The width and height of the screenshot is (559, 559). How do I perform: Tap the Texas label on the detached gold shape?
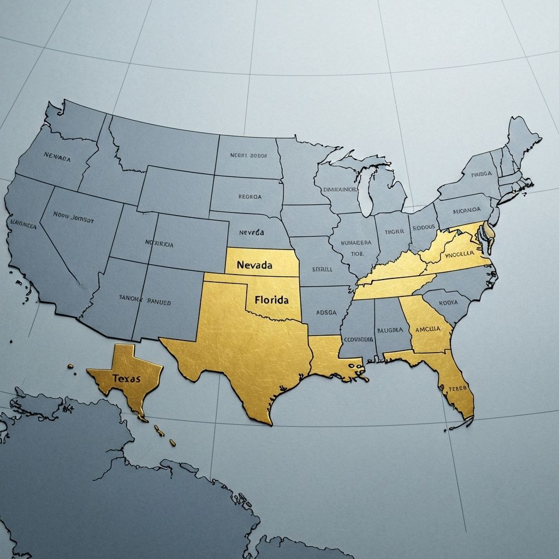(x=126, y=378)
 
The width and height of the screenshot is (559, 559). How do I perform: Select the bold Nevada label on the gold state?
(x=254, y=265)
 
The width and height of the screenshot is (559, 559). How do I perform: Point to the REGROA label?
(x=250, y=197)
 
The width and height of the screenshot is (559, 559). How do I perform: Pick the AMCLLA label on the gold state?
(x=424, y=329)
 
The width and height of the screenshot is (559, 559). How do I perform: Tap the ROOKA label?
(x=448, y=302)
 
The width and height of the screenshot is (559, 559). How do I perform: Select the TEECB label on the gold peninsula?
(x=458, y=388)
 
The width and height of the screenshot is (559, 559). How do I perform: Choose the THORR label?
(x=394, y=231)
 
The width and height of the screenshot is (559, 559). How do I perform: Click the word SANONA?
(x=130, y=299)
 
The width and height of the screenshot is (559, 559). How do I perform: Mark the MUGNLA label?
(x=390, y=330)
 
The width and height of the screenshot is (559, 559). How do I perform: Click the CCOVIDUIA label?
(x=358, y=339)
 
